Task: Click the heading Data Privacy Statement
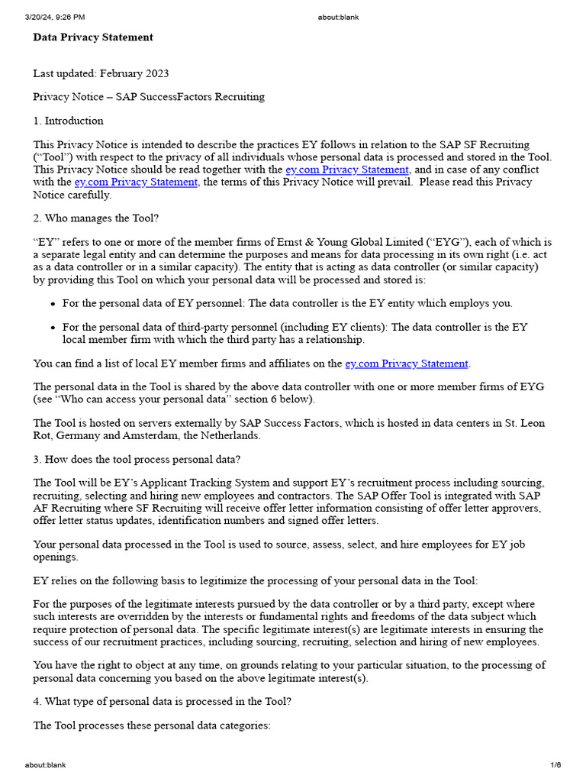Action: click(x=93, y=37)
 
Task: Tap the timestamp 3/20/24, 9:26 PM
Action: click(x=55, y=17)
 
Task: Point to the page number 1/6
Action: click(x=555, y=764)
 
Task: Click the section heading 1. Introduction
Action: click(x=68, y=121)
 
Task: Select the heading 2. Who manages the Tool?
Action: click(x=96, y=218)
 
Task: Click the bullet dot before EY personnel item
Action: click(x=53, y=304)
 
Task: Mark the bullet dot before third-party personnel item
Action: click(x=53, y=328)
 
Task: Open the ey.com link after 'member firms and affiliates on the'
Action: click(x=407, y=364)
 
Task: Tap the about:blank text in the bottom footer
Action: click(x=45, y=764)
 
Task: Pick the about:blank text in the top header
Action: click(x=338, y=17)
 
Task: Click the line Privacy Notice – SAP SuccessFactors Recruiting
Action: click(x=149, y=97)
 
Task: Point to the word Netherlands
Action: click(x=227, y=435)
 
